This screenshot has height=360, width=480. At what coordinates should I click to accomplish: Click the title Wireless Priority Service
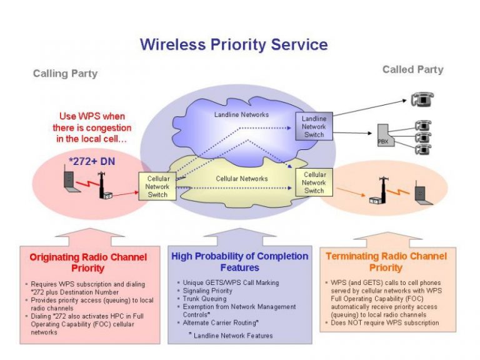pos(234,44)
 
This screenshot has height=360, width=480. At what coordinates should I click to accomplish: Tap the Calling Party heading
pos(65,74)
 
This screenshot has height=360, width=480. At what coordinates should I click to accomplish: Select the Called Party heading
pos(412,69)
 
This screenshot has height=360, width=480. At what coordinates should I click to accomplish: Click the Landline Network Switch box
pos(314,126)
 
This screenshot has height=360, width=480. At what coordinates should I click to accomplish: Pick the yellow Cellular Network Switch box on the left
pos(157,186)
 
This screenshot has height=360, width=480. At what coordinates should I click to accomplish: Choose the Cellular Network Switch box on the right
pos(314,182)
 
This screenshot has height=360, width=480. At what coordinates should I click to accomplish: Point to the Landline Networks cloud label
pos(241,115)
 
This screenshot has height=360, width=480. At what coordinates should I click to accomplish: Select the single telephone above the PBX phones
pos(422,99)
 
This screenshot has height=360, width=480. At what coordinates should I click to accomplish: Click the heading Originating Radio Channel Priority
pos(88,262)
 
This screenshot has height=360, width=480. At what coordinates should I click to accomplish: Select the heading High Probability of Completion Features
pos(239,262)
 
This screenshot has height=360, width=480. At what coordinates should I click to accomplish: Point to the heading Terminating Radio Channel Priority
pos(386,262)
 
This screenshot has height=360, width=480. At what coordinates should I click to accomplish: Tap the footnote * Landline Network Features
pos(231,336)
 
